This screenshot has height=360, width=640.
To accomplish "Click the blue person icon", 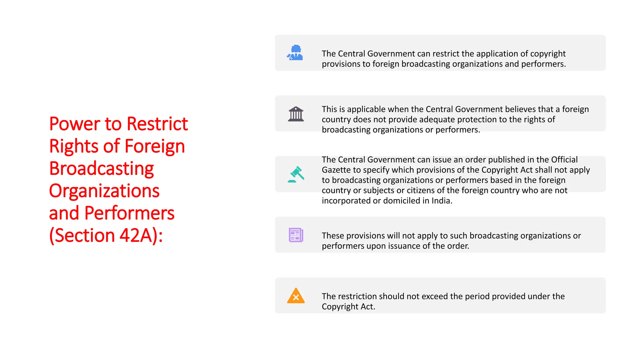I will [295, 52].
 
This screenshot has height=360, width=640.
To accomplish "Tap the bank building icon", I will [296, 114].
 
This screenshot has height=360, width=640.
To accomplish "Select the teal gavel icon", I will [296, 174].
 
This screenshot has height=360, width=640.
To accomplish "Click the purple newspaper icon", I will [296, 235].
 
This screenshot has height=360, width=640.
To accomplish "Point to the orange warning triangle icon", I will [296, 296].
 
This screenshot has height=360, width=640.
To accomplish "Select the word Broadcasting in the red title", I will [102, 168].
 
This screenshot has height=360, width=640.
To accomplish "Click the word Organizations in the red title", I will [104, 191].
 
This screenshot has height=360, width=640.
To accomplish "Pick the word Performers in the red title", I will [129, 213].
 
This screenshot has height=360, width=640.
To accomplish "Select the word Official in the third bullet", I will [564, 160].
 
